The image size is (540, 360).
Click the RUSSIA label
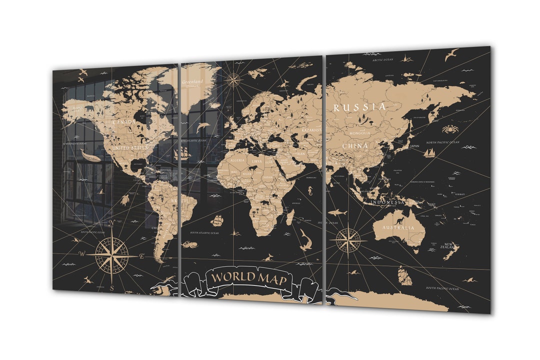(359, 107)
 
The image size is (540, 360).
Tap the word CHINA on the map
(355, 146)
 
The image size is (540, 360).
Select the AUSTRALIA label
(398, 228)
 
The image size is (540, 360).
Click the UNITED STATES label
(130, 148)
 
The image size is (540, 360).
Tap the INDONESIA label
(387, 202)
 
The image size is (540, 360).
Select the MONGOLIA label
(360, 133)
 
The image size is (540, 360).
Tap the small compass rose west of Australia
(348, 239)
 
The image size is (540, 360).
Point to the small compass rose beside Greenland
(232, 79)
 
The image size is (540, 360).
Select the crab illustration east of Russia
(449, 129)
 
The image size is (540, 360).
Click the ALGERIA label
(237, 160)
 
